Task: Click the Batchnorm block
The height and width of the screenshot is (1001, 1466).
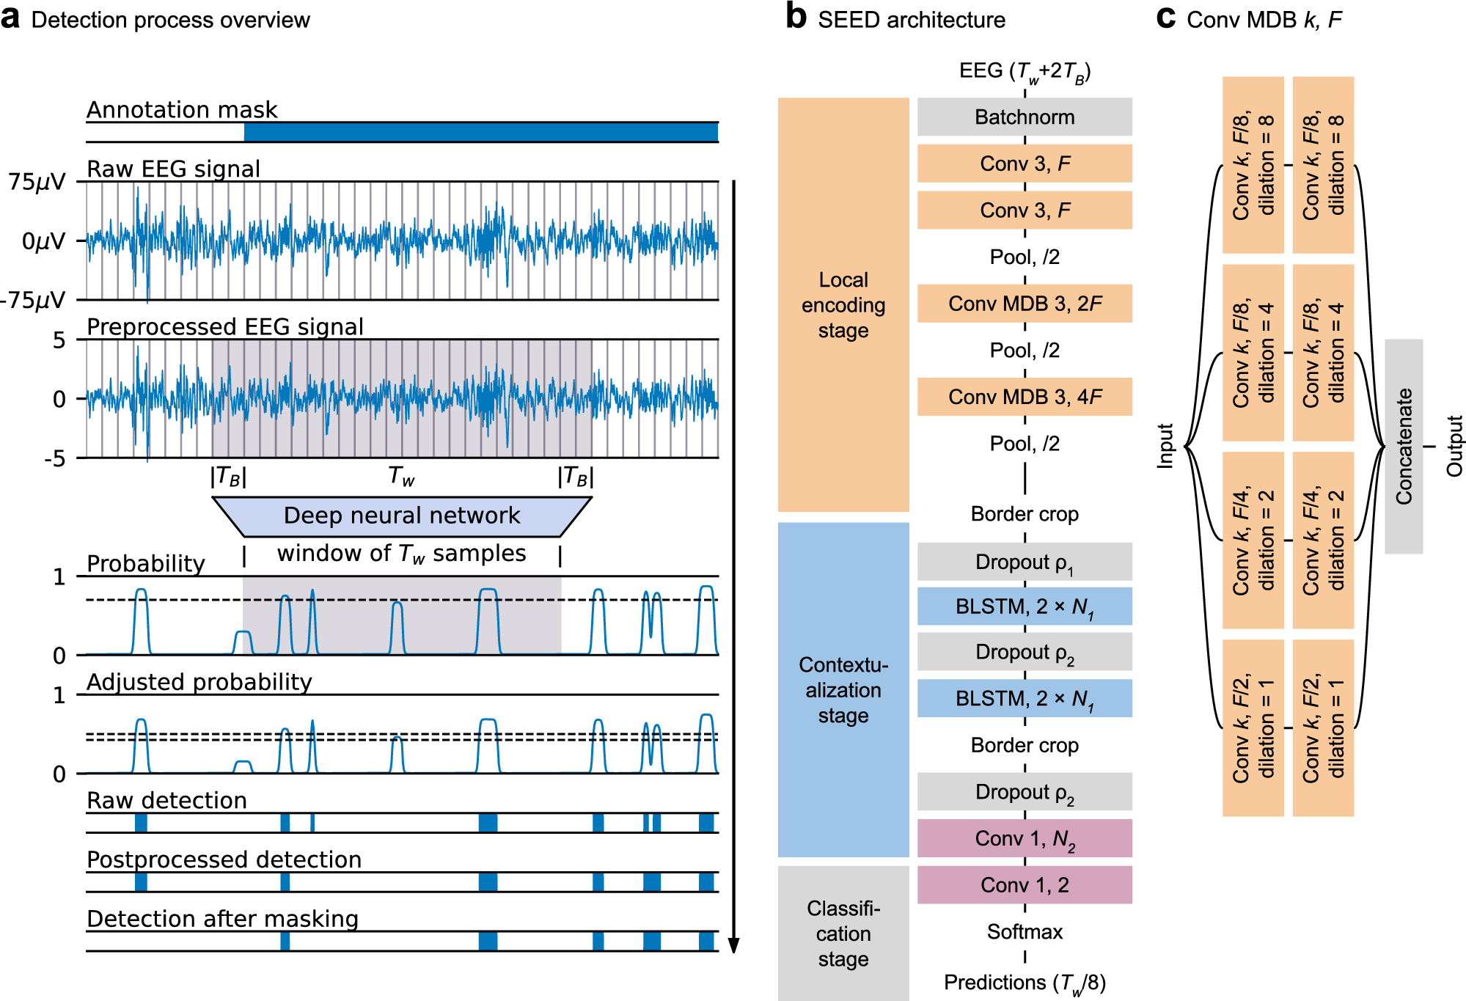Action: coord(1024,117)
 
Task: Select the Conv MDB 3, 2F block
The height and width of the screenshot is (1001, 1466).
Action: coord(1024,304)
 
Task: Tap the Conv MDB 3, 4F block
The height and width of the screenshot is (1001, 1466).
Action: coord(1024,397)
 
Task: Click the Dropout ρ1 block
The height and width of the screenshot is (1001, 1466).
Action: coord(1024,562)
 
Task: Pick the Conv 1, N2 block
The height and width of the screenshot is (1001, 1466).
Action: coord(1024,838)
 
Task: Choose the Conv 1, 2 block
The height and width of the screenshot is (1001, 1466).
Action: coord(1024,885)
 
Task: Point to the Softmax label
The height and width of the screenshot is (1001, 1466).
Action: coord(1024,932)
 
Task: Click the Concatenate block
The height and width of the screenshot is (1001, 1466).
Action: coord(1403,446)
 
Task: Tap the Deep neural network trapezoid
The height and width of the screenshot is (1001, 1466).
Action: coord(402,516)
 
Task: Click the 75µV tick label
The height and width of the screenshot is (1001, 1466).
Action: coord(37,182)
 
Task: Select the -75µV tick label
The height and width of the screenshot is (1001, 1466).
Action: coord(33,300)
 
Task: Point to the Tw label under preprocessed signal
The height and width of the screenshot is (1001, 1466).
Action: coord(401,477)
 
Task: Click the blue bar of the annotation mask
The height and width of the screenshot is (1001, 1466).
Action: coord(480,132)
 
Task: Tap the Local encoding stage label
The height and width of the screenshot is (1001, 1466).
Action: coord(843,305)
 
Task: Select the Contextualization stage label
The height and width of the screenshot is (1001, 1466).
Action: coord(843,690)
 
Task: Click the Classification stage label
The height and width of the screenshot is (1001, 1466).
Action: coord(843,934)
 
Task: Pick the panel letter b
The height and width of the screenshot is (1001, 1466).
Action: coord(796,18)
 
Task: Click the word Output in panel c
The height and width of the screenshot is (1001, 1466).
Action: coord(1454,446)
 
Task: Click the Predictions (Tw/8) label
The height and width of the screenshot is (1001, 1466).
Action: coord(1024,983)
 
